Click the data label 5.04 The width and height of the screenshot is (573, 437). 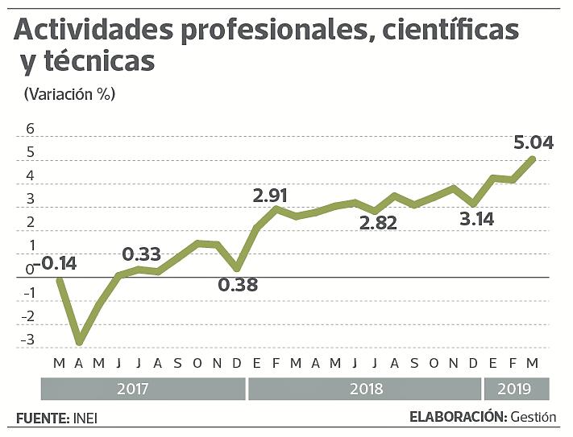coord(533,142)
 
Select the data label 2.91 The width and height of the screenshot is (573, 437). coord(270,195)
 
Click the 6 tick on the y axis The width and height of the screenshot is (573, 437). coord(31,129)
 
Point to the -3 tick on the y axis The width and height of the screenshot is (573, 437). coord(29,340)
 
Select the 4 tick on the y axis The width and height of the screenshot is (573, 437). coord(31,175)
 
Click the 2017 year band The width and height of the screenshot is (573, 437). coord(143,390)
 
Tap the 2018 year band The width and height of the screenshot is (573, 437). coord(365,390)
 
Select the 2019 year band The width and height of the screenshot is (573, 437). coord(515,390)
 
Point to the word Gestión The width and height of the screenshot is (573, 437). coord(533,417)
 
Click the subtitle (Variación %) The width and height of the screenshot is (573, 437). coord(69,94)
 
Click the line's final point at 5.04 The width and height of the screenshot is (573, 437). coord(533,158)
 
